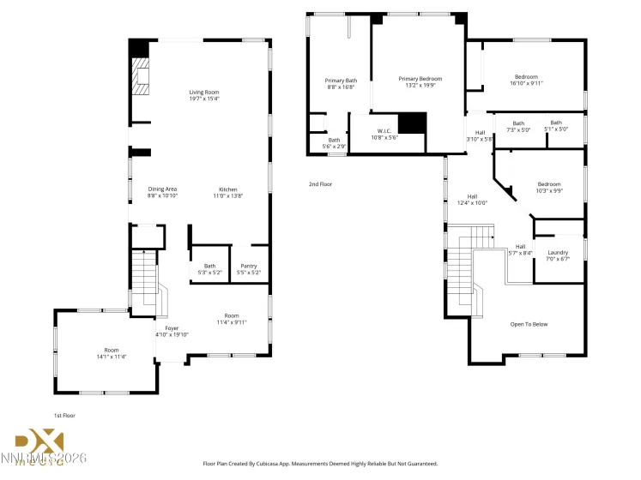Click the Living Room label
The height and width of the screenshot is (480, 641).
tap(204, 95)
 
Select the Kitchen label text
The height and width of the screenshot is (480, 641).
tap(227, 192)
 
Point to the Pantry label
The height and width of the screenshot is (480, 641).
tap(248, 269)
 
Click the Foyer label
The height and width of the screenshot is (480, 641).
tap(172, 331)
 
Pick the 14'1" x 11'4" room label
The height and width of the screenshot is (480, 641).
tap(112, 352)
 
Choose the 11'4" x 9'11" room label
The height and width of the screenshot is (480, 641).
tap(231, 319)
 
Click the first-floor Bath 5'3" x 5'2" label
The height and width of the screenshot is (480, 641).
tap(209, 269)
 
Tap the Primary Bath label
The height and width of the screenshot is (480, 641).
tap(341, 83)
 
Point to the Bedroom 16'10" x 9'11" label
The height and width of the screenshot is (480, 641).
tap(526, 80)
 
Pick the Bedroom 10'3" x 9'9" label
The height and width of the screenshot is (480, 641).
tap(549, 187)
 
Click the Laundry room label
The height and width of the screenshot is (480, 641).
tap(558, 255)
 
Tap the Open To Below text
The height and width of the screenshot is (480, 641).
tap(529, 324)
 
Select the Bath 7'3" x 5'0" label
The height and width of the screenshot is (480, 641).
tap(518, 126)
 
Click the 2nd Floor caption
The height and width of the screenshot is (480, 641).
tap(320, 183)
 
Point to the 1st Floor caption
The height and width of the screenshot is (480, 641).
tap(65, 414)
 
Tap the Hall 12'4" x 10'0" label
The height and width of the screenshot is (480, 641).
tap(471, 199)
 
